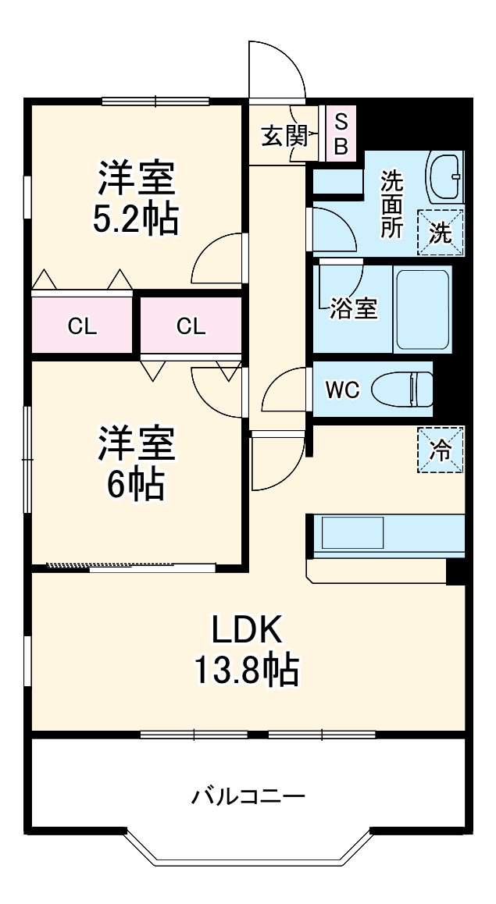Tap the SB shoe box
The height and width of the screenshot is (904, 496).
[x=341, y=133]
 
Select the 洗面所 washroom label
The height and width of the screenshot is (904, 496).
[x=391, y=205]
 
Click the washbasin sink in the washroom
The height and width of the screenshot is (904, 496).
[x=444, y=177]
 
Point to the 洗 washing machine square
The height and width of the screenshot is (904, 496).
[x=441, y=233]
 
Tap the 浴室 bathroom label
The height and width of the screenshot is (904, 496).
[x=354, y=310]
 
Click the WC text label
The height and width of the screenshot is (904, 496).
[x=342, y=390]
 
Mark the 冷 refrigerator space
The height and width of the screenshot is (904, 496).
[x=441, y=450]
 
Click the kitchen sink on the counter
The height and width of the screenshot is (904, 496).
[x=352, y=532]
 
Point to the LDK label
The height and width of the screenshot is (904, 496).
[x=247, y=629]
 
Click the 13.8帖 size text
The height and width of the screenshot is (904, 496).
[x=246, y=669]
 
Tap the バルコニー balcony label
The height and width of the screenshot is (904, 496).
[x=248, y=797]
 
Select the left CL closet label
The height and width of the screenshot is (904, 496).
[x=83, y=327]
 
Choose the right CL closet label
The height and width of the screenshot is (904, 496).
[x=191, y=327]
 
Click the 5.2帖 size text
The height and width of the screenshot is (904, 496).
[x=136, y=218]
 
